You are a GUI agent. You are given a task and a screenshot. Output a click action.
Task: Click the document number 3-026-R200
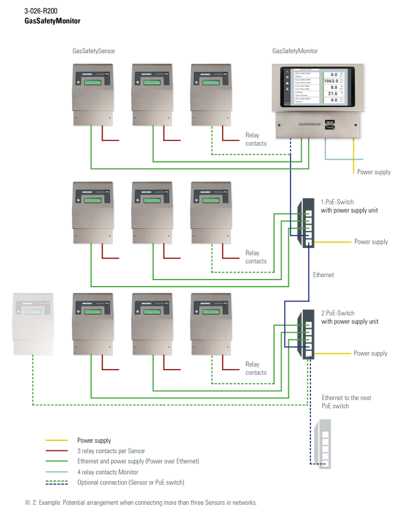[x=40, y=11]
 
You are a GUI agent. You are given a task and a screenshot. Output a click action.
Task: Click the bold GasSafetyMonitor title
[x=52, y=20]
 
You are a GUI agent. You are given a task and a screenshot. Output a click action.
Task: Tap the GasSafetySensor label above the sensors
[x=90, y=51]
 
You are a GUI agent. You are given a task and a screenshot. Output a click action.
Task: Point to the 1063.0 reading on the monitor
[x=332, y=81]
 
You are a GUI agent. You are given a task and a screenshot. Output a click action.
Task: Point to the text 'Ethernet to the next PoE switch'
[x=346, y=402]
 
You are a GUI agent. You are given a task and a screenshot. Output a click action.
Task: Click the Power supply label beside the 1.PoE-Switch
[x=371, y=242]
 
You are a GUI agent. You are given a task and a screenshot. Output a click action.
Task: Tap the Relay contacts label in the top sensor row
[x=255, y=139]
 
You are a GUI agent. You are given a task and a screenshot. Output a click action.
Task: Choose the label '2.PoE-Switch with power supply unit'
[x=350, y=318]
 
